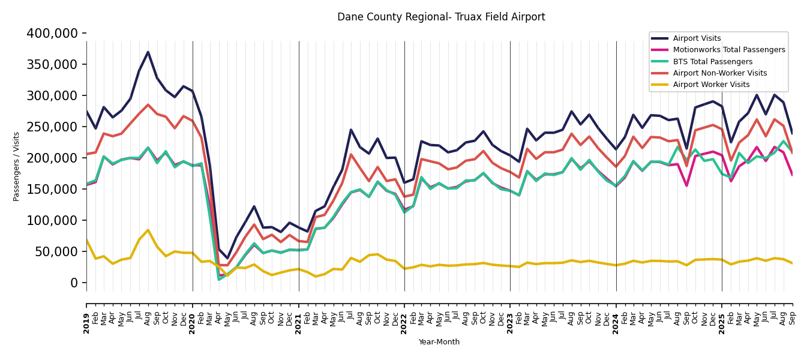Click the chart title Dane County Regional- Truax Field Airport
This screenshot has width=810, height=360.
[x=441, y=17]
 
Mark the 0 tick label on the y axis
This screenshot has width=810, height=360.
[x=74, y=283]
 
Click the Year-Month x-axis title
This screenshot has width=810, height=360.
[x=439, y=342]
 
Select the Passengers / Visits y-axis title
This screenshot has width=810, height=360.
[x=17, y=166]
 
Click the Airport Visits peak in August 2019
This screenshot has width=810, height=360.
[x=148, y=52]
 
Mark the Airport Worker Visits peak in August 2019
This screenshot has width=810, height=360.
[x=148, y=230]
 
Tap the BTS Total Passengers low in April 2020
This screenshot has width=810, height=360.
[x=218, y=279]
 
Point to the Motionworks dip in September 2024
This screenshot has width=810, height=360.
[x=686, y=185]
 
